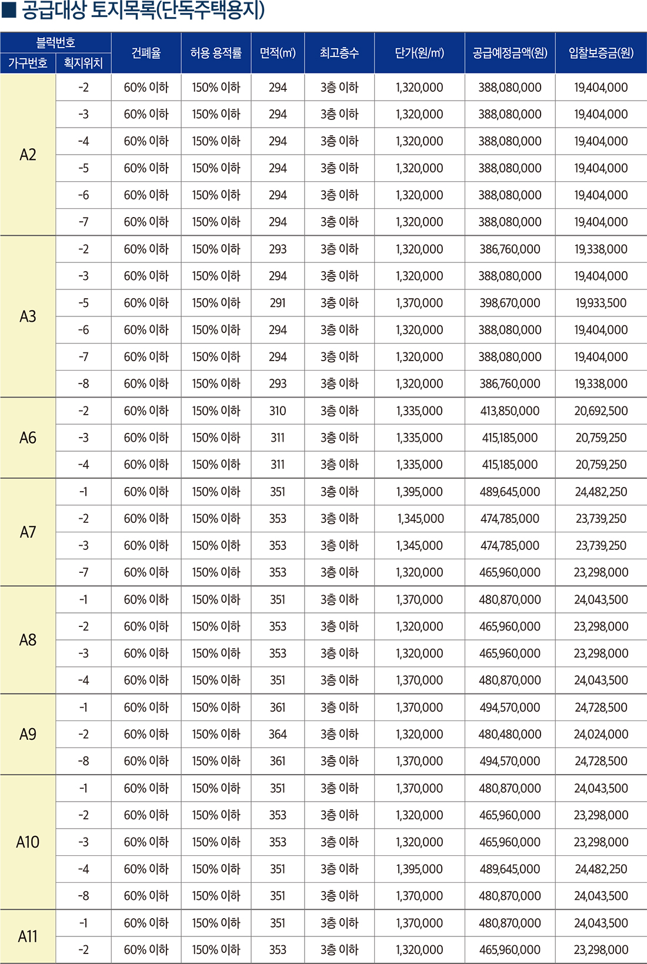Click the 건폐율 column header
pos(146,53)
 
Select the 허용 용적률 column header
pos(216,53)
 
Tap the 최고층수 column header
pos(339,53)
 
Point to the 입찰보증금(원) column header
pos(601,53)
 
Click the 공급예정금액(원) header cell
pos(509,53)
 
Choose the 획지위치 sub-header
pos(83,63)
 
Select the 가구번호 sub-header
pos(28,63)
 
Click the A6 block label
pos(28,438)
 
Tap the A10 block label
pos(28,842)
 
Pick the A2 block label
pos(28,155)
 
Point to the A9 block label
pos(28,734)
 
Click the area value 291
pos(278,303)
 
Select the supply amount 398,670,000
pos(509,303)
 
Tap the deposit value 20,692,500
pos(601,411)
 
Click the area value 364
pos(278,734)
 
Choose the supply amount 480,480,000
pos(509,734)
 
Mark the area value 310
pos(278,411)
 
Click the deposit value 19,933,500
pos(601,303)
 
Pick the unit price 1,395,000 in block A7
pos(419,492)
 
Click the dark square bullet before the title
pos(9,9)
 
